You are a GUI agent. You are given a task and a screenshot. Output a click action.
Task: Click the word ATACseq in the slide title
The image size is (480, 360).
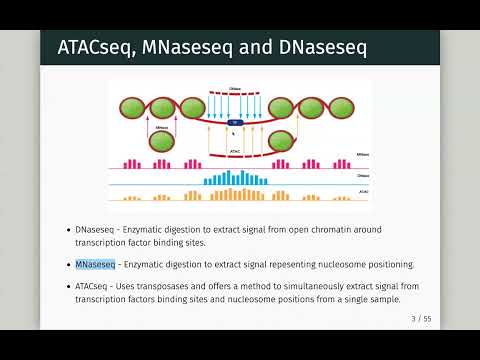[90, 48]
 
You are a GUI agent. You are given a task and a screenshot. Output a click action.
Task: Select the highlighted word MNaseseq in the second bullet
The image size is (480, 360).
[95, 264]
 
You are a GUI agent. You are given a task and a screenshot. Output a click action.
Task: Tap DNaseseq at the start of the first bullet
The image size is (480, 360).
[96, 229]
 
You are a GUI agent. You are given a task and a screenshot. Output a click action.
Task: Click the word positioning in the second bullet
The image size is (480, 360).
[387, 264]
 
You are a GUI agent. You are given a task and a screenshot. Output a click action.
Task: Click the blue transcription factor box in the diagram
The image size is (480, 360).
[235, 123]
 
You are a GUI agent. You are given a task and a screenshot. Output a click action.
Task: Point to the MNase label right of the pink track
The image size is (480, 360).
[362, 156]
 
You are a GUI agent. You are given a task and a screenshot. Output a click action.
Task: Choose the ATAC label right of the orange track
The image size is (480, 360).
[362, 190]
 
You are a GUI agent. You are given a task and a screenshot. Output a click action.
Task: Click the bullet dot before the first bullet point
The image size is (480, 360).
[67, 230]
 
